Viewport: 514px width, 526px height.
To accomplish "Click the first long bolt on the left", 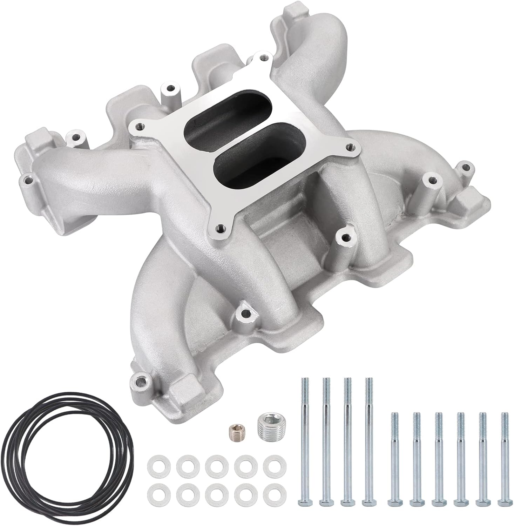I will [x=304, y=438].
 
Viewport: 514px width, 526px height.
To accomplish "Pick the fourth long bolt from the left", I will [x=368, y=438].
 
